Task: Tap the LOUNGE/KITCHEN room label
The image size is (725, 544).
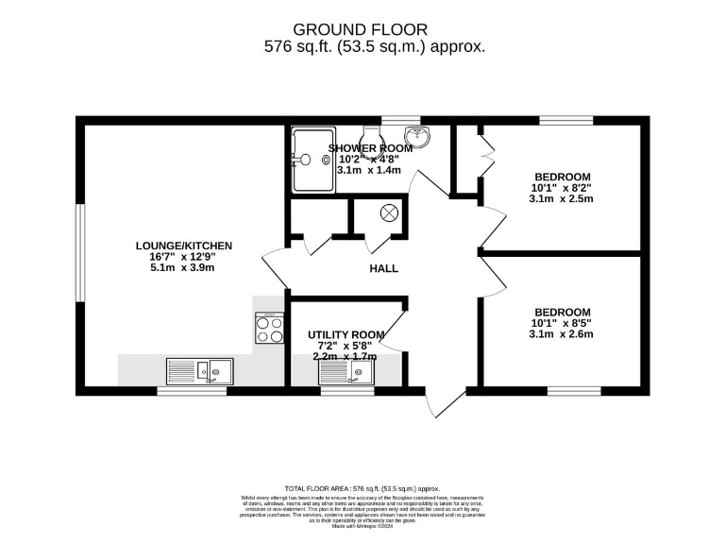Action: click(x=183, y=246)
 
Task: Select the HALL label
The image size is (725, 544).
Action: click(x=383, y=268)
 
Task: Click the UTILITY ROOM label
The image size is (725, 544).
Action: click(x=346, y=334)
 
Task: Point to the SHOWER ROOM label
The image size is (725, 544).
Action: click(x=370, y=148)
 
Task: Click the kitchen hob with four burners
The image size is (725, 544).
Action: click(x=270, y=328)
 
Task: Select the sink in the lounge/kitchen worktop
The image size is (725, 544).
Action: click(x=199, y=370)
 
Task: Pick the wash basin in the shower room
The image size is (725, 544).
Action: click(x=416, y=138)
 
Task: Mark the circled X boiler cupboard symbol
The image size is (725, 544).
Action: click(x=388, y=214)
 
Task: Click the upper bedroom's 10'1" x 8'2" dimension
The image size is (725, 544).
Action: click(x=562, y=188)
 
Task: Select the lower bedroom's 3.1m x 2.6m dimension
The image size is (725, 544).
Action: click(x=562, y=334)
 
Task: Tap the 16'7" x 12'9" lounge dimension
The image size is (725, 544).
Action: click(x=183, y=257)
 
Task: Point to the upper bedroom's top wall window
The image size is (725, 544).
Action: click(x=566, y=120)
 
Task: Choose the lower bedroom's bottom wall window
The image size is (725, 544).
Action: click(x=574, y=390)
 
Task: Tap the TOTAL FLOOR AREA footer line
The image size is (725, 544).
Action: click(x=363, y=488)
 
